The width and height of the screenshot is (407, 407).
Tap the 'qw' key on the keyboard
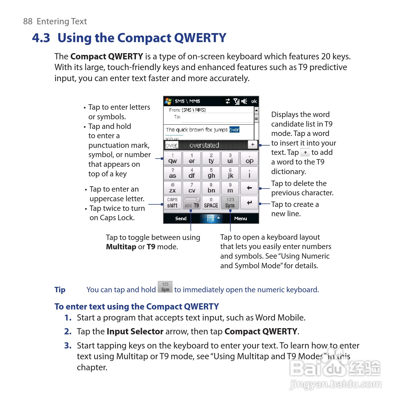tap(173, 158)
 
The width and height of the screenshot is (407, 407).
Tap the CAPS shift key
tap(172, 203)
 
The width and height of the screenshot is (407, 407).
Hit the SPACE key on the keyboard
tap(211, 203)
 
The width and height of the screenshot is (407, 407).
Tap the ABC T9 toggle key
tap(192, 203)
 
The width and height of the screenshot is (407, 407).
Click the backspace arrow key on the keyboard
tap(249, 188)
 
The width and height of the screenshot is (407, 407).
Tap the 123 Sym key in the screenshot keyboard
tap(230, 203)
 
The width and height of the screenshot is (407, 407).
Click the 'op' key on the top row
tap(249, 158)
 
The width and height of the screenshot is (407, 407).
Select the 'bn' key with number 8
tap(211, 188)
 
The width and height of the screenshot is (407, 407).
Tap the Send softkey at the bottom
tap(181, 218)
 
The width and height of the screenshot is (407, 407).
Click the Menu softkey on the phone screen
tap(240, 218)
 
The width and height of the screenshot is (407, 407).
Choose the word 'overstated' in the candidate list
tap(204, 145)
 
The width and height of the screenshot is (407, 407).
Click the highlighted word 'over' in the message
tap(234, 129)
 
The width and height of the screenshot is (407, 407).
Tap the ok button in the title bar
tap(254, 101)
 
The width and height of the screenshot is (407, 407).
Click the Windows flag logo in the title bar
tap(168, 101)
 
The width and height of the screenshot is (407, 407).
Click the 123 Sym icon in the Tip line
tap(165, 287)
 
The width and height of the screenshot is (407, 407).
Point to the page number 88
tap(28, 21)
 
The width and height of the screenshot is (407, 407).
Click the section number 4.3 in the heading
tap(41, 38)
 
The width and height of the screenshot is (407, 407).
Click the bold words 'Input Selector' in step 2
tap(135, 331)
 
